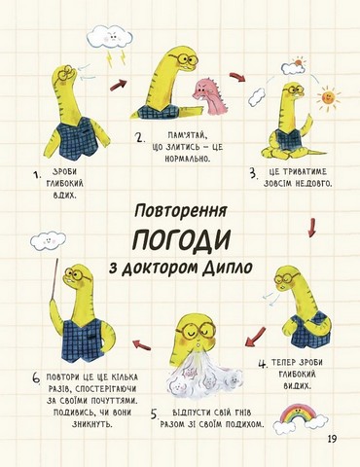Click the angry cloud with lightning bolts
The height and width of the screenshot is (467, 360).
pos(111,42)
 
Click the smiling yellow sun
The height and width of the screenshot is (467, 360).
pos(328,97)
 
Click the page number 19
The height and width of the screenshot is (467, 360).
pos(332,439)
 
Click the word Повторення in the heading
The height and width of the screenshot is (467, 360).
pos(181,211)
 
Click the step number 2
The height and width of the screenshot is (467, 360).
pos(140,137)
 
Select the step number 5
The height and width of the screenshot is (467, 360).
pos(155,414)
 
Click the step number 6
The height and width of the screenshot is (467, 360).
pos(36,378)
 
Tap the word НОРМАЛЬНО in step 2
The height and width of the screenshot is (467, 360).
pos(188,159)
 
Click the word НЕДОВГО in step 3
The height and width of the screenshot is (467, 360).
pos(313,184)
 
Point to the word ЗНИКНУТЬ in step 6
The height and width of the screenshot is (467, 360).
pos(92,424)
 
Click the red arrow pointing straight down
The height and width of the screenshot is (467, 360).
pos(312,228)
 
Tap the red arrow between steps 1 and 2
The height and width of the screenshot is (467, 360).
pos(118,86)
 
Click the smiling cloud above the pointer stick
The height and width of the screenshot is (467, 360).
pos(48,241)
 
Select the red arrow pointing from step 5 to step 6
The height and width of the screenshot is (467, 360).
pos(142,344)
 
